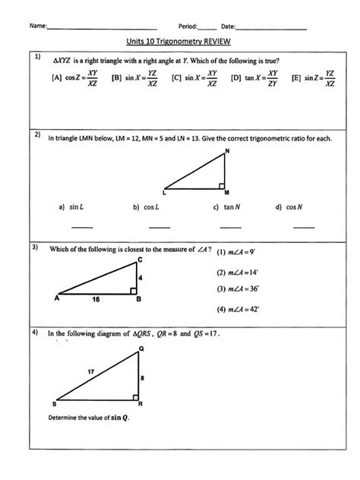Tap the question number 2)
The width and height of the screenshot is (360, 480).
tap(36, 135)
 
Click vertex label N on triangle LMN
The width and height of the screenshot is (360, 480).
tap(226, 152)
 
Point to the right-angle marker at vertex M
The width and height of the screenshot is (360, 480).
tap(221, 185)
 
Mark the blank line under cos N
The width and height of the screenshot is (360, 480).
tap(304, 226)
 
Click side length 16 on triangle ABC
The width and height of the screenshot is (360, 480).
tap(95, 300)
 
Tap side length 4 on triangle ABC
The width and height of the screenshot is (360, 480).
tap(141, 277)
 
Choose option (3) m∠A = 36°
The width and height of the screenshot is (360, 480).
tap(238, 289)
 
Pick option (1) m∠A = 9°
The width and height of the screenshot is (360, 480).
tap(239, 252)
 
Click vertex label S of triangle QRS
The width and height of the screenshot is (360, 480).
tap(54, 404)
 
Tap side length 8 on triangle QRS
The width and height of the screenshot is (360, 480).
tap(142, 376)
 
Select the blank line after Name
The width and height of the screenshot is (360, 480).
tap(102, 28)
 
